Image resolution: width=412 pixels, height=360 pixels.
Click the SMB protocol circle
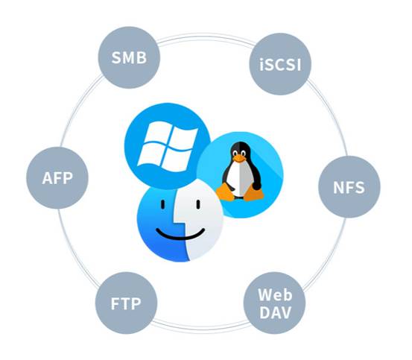pos(129,57)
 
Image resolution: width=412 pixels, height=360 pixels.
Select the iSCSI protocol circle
pos(280,64)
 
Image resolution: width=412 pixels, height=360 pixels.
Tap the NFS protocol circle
pos(349,187)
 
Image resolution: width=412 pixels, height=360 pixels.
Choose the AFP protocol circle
pos(57,178)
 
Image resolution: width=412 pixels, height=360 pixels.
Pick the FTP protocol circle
pos(126,303)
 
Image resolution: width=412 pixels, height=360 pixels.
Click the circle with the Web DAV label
pos(275,303)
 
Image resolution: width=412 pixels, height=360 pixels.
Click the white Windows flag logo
pos(168,146)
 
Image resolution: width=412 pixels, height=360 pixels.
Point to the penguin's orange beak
pos(239,159)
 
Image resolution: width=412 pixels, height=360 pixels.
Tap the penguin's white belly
pos(238,179)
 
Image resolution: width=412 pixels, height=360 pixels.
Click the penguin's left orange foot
pos(225,192)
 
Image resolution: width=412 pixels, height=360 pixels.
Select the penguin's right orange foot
pos(253,193)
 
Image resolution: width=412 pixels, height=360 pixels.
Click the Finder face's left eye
pos(163,204)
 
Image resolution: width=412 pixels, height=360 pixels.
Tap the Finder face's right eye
pos(198,204)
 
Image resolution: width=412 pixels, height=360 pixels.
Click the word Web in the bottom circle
pos(275,295)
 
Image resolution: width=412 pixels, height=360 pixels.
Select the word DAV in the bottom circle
pos(275,312)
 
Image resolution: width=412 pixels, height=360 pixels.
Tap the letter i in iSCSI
pos(262,65)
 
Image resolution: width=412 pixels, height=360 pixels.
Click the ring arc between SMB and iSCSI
pos(205,36)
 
